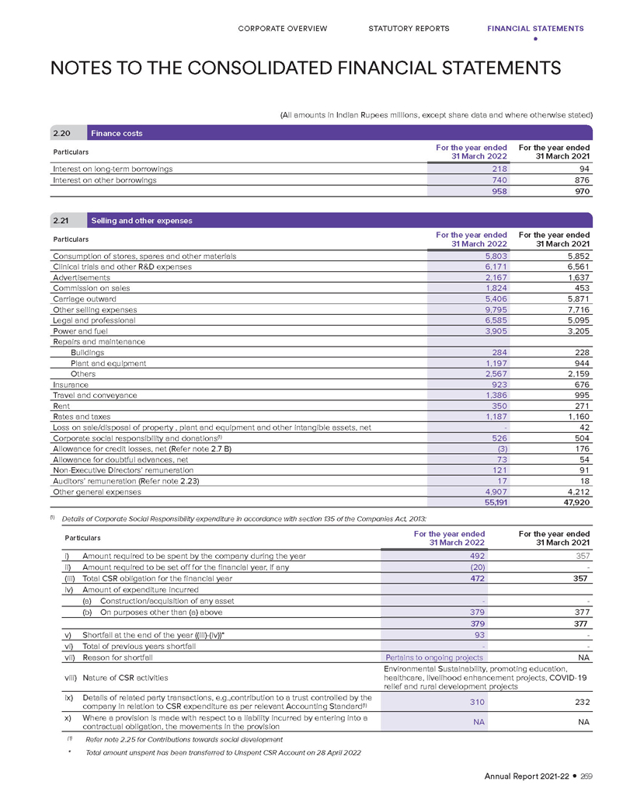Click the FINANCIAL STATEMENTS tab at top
(535, 29)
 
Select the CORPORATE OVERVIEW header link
(282, 29)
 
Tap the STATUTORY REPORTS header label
(409, 29)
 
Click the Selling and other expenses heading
(144, 221)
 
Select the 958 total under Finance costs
(497, 191)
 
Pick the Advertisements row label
(81, 277)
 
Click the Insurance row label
(70, 385)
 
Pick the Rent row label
(61, 406)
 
